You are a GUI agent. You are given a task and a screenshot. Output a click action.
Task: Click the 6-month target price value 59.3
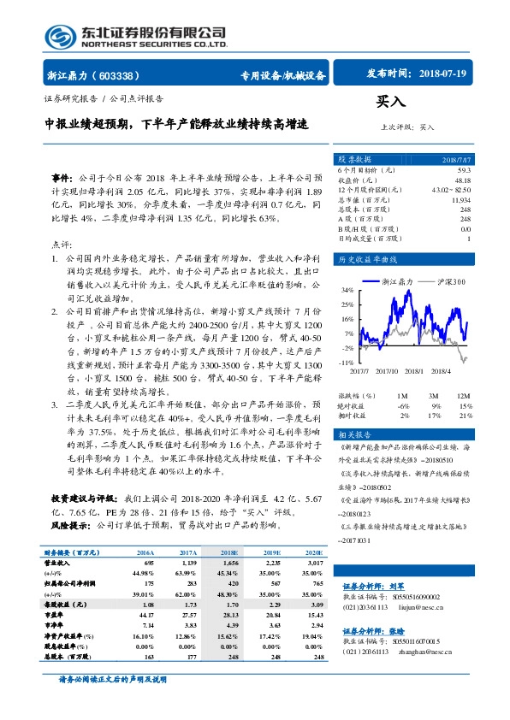463,172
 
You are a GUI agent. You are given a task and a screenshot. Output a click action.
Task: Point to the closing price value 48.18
462,180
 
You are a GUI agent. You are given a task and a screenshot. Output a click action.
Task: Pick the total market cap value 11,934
460,198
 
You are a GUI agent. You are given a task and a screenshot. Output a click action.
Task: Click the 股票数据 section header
354,160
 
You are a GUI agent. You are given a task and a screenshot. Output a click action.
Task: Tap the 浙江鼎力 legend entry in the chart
397,280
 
